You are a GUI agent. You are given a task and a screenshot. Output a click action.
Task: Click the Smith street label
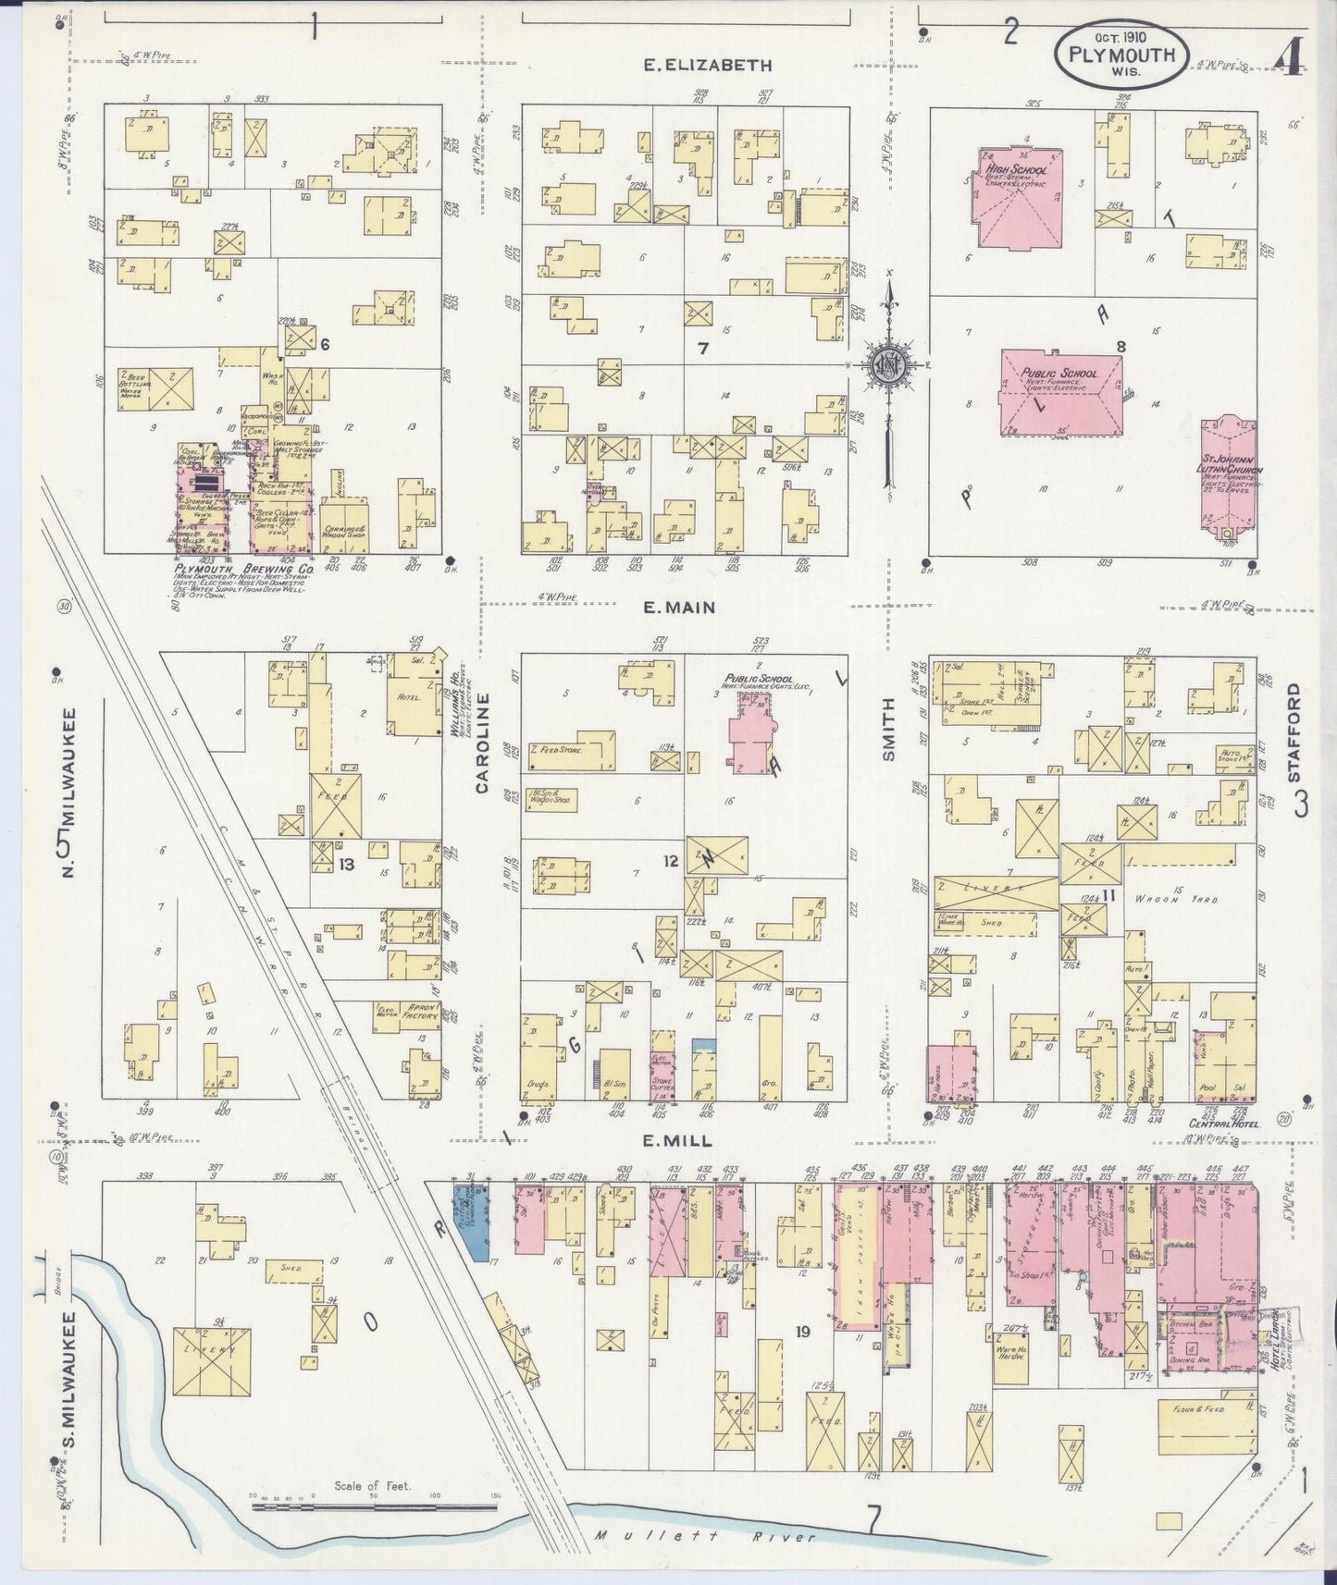(x=888, y=730)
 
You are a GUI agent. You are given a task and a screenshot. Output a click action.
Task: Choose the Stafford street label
(x=1293, y=733)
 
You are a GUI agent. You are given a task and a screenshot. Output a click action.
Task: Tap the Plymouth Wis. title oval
(x=1120, y=55)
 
